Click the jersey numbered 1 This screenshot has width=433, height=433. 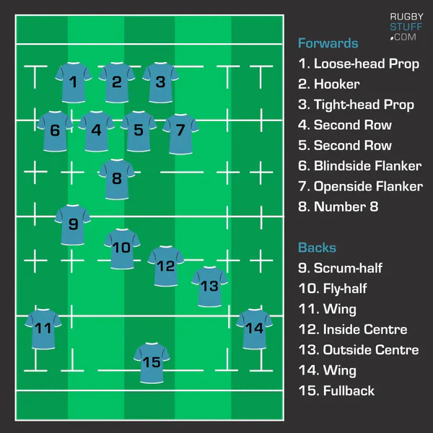(x=74, y=82)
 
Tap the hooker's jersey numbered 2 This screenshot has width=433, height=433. (x=117, y=82)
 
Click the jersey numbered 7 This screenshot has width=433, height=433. (x=180, y=131)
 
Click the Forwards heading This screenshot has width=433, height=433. (x=328, y=43)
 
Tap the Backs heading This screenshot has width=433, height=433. (x=317, y=248)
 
